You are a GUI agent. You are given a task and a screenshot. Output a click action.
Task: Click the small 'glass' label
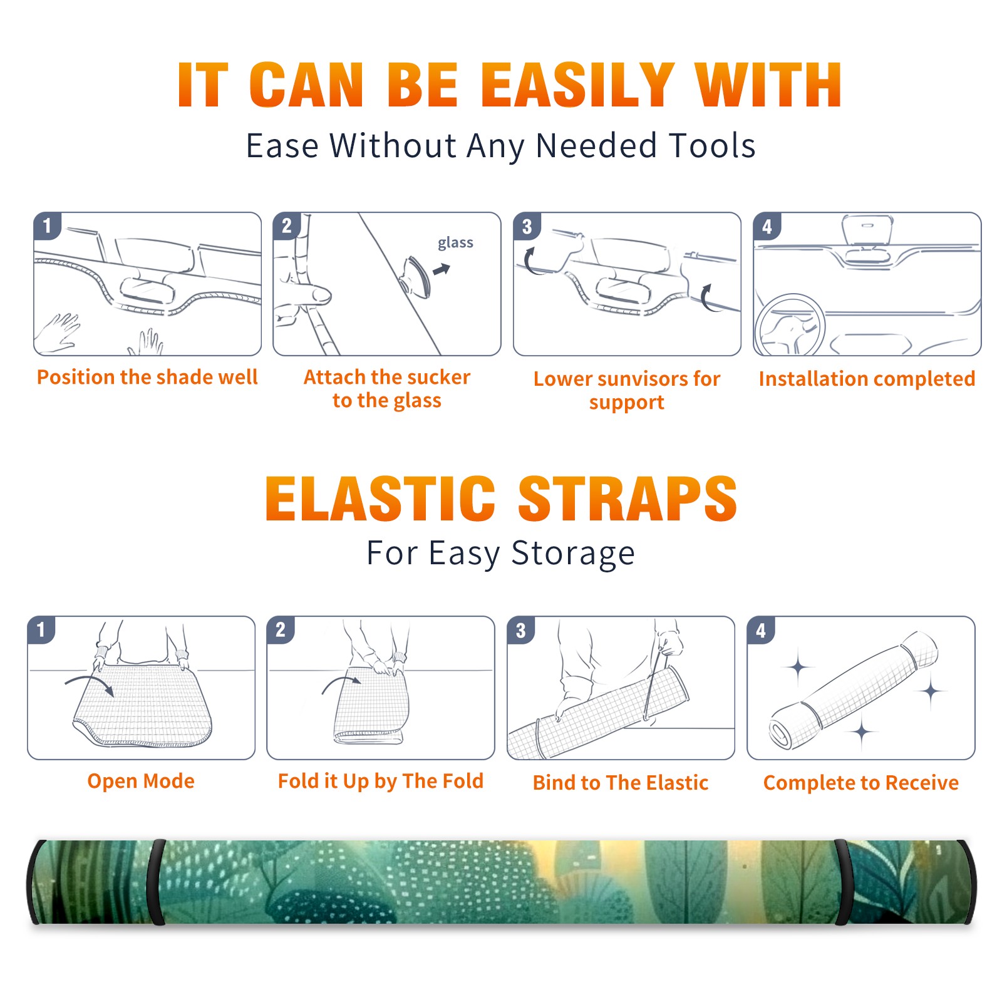tap(455, 242)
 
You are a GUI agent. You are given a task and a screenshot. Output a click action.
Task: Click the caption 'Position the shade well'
tap(147, 377)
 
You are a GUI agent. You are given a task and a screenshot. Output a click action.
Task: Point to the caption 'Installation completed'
tap(867, 379)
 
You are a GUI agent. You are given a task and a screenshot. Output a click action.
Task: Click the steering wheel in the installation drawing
tap(790, 326)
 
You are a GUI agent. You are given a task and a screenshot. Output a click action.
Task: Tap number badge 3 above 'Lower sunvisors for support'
tap(527, 226)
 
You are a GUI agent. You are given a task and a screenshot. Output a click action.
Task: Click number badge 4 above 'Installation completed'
tap(767, 226)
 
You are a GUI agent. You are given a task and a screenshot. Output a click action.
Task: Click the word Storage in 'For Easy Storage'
tap(573, 554)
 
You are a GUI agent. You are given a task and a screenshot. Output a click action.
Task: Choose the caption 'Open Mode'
tap(141, 781)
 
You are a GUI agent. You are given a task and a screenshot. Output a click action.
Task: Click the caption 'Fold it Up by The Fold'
tap(381, 781)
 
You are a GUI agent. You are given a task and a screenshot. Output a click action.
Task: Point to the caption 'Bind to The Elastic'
tap(621, 783)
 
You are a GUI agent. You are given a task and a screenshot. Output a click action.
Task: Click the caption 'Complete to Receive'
tap(861, 783)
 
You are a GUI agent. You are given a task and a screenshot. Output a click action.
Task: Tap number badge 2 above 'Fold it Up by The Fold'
tap(280, 629)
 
